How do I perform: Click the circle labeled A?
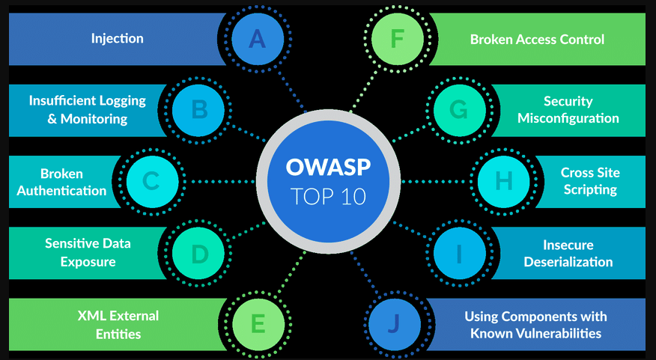coord(258,39)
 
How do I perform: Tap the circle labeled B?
coord(198,110)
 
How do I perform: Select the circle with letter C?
coord(152,181)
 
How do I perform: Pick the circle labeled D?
coord(198,253)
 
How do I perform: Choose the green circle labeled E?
coord(258,325)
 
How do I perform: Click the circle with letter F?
coord(398,39)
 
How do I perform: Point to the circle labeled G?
coord(459,110)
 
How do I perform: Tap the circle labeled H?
coord(504,181)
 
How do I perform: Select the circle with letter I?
coord(459,253)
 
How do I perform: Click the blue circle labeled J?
coord(395,325)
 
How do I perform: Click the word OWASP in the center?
coord(329,167)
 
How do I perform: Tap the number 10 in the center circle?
coord(352,197)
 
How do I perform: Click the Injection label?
coord(117,39)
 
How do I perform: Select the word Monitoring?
coord(94,119)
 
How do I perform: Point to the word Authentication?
coord(61,191)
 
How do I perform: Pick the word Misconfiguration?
coord(568,118)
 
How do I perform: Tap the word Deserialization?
coord(568,262)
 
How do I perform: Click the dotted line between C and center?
coord(222,181)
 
